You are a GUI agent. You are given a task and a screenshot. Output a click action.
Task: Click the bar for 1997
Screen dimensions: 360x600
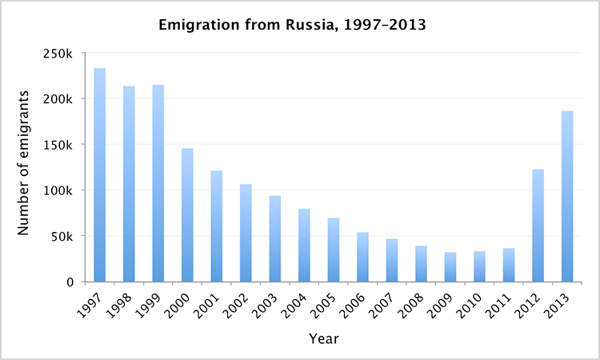(99, 175)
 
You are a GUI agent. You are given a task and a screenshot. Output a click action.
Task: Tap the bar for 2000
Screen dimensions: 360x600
(187, 215)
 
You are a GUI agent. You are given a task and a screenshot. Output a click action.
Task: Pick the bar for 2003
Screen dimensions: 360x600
(275, 238)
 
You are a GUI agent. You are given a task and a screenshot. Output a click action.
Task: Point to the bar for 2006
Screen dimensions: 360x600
(362, 257)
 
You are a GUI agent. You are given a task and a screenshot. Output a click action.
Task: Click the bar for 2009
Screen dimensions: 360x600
(450, 267)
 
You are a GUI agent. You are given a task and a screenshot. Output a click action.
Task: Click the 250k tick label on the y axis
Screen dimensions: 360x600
(61, 53)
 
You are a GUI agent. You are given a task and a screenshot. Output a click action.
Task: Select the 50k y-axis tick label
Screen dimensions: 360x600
(65, 236)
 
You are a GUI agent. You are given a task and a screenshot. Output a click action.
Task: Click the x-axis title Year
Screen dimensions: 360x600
(324, 338)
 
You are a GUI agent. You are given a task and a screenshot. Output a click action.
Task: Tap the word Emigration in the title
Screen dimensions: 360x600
(197, 25)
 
